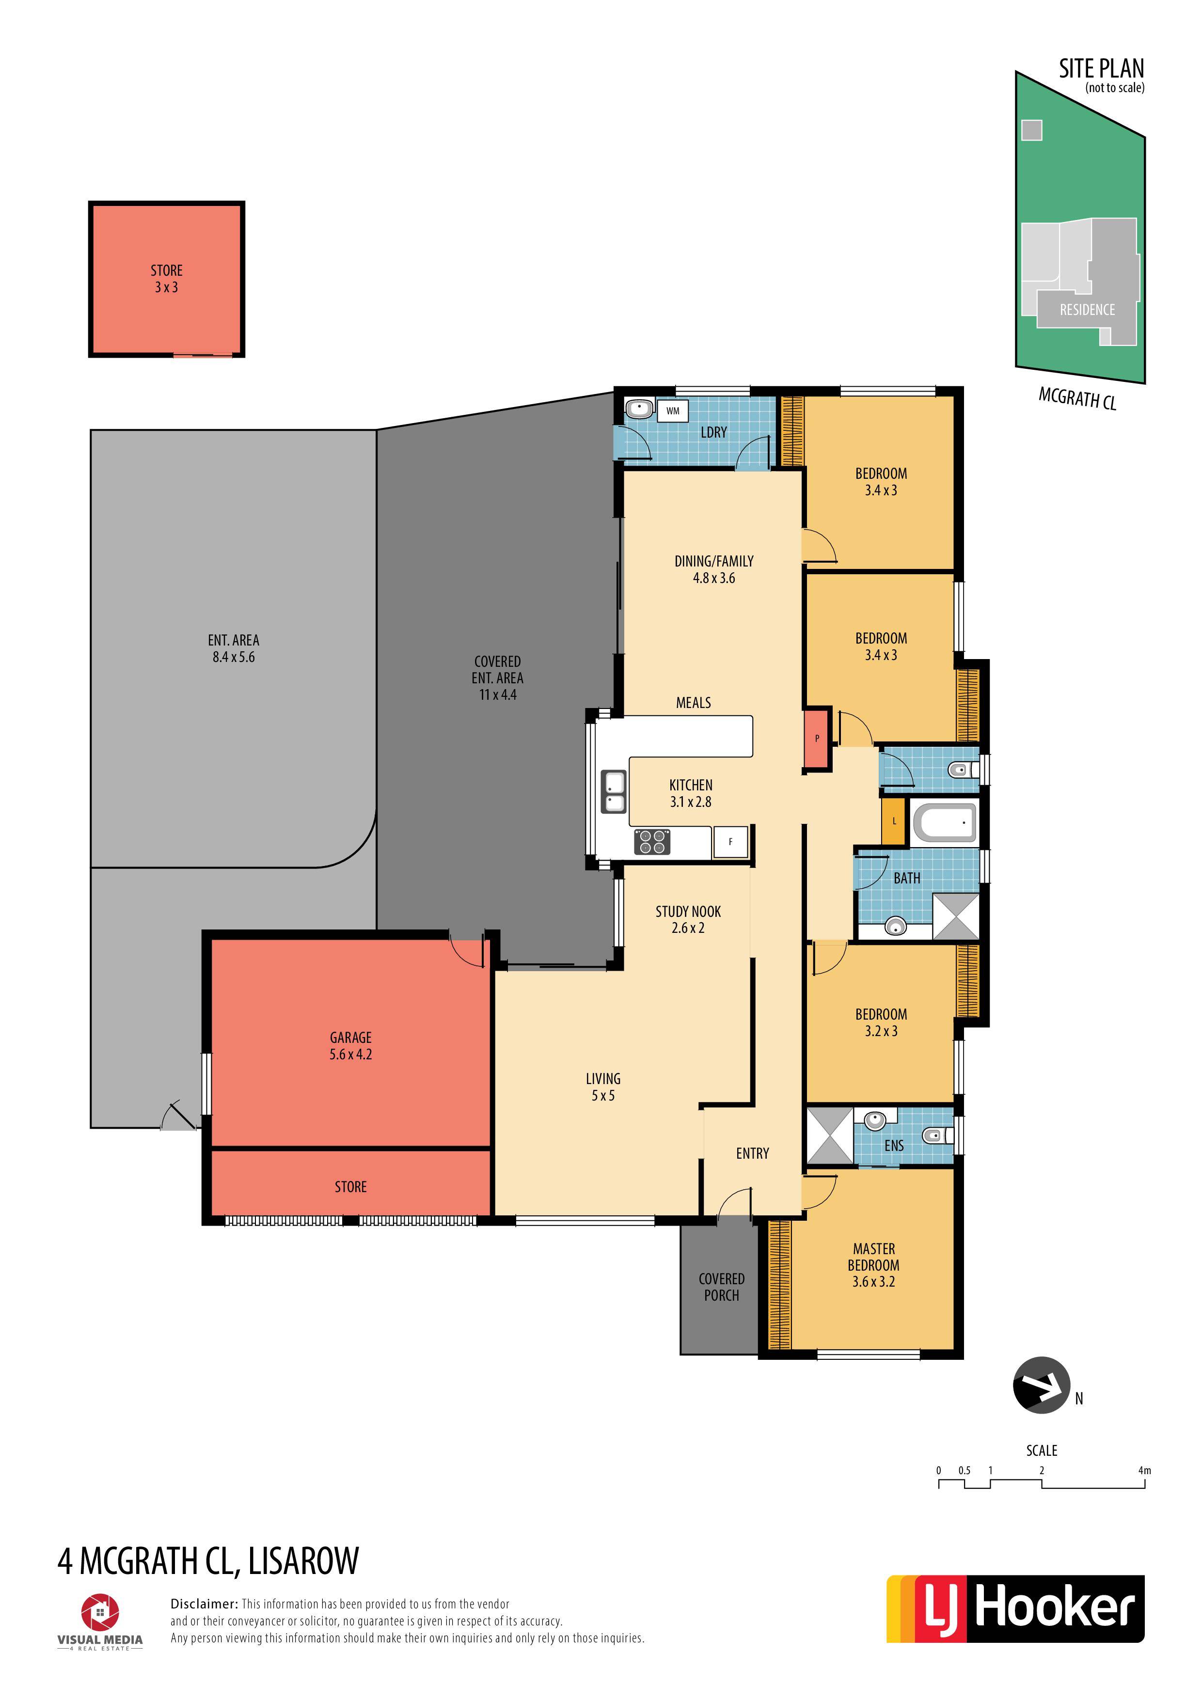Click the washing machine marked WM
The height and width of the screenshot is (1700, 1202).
tap(672, 411)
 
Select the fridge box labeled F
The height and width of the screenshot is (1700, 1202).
tap(730, 842)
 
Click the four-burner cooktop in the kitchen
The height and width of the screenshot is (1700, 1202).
tap(652, 842)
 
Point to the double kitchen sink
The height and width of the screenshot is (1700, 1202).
tap(613, 791)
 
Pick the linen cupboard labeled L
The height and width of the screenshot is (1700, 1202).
tap(894, 821)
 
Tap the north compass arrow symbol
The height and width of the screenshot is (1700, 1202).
tap(1041, 1385)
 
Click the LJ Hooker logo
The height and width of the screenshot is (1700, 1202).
tap(1015, 1609)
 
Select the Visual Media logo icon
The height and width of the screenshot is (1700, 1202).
tap(100, 1613)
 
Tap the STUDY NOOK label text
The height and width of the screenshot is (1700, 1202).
tap(688, 912)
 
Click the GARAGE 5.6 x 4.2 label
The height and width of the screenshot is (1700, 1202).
tap(350, 1045)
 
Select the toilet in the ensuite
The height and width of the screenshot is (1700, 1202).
tap(937, 1135)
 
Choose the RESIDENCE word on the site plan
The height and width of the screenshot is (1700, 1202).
tap(1087, 310)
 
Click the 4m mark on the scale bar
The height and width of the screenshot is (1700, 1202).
tap(1144, 1470)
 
